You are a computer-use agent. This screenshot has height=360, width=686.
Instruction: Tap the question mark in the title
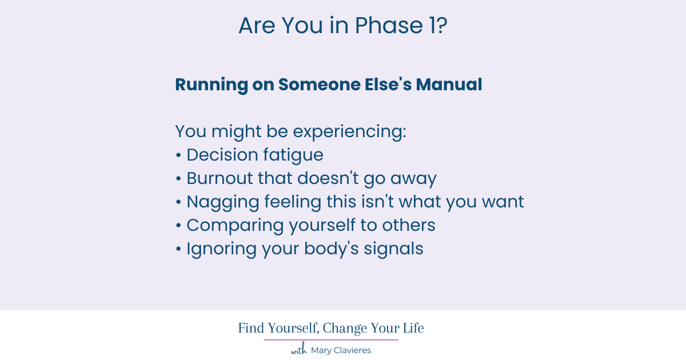pyautogui.click(x=440, y=26)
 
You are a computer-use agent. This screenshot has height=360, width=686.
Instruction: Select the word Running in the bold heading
pyautogui.click(x=212, y=85)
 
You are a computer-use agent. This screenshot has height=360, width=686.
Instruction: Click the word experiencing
pyautogui.click(x=349, y=132)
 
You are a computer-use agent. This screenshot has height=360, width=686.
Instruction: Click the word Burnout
pyautogui.click(x=220, y=178)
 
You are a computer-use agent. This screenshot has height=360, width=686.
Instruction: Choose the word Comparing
pyautogui.click(x=235, y=225)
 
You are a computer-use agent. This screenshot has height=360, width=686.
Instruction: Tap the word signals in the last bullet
pyautogui.click(x=394, y=249)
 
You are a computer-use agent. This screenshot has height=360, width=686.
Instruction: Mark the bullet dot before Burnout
pyautogui.click(x=178, y=179)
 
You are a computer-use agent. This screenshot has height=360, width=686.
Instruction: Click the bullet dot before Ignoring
pyautogui.click(x=178, y=249)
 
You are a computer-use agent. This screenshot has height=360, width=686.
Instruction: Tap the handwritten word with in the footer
pyautogui.click(x=299, y=350)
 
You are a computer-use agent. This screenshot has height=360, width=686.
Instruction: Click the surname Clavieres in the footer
pyautogui.click(x=351, y=350)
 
